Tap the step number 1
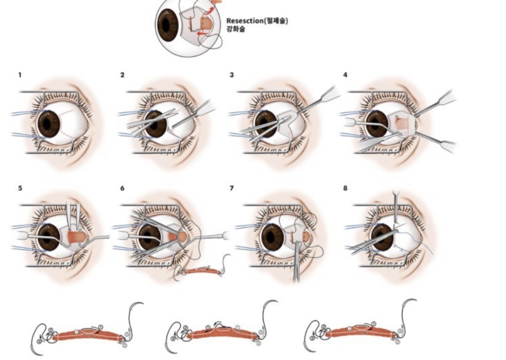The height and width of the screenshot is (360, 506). pos(20,75)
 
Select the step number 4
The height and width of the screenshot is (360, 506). pos(345,75)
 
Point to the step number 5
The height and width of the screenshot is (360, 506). pos(20,188)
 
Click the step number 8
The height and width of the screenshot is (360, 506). pos(345,188)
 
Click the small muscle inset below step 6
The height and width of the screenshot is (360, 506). pos(202,271)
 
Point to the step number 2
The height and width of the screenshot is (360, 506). pos(122,75)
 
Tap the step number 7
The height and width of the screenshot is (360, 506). pos(233,188)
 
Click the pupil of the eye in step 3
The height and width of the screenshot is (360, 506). pos(265,124)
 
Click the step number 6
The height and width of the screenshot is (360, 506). pos(122,188)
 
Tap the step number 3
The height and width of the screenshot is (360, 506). pos(233,75)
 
